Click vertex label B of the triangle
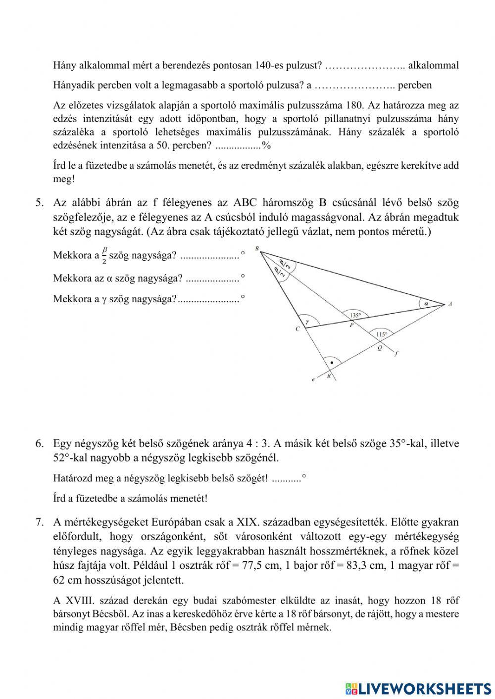(x=257, y=248)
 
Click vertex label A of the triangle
(x=450, y=304)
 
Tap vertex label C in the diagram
(x=297, y=329)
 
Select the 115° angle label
(x=381, y=334)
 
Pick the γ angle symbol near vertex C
(x=307, y=321)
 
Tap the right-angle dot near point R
(x=331, y=363)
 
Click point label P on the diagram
(x=351, y=326)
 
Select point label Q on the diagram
(x=380, y=347)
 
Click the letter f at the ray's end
(x=396, y=354)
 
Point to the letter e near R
(x=313, y=380)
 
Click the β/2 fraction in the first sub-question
(x=104, y=256)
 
